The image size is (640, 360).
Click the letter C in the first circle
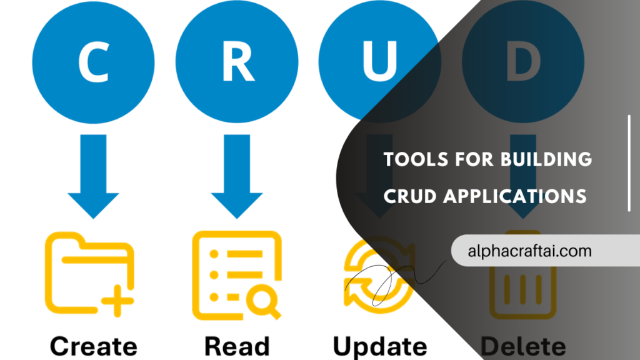93,62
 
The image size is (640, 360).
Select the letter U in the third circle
380,62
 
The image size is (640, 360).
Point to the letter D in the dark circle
524,62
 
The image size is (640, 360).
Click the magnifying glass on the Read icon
263,301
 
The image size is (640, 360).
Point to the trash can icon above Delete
522,281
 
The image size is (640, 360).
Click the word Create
93,346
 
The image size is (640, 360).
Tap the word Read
237,346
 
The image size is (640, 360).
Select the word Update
379,346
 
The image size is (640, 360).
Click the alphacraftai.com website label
529,251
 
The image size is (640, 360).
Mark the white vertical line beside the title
629,163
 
